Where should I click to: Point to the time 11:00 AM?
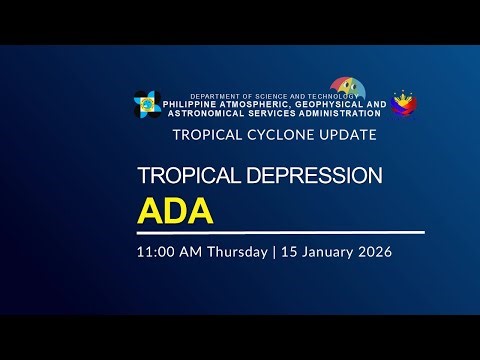coord(170,251)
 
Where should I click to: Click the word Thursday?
coord(237,251)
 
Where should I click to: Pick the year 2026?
coord(372,251)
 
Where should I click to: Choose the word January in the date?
coord(325,251)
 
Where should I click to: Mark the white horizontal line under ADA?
coord(280,232)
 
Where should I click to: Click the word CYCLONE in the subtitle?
coord(272,134)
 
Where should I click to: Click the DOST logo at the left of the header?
coord(147,103)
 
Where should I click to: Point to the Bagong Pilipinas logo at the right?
coord(405,103)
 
